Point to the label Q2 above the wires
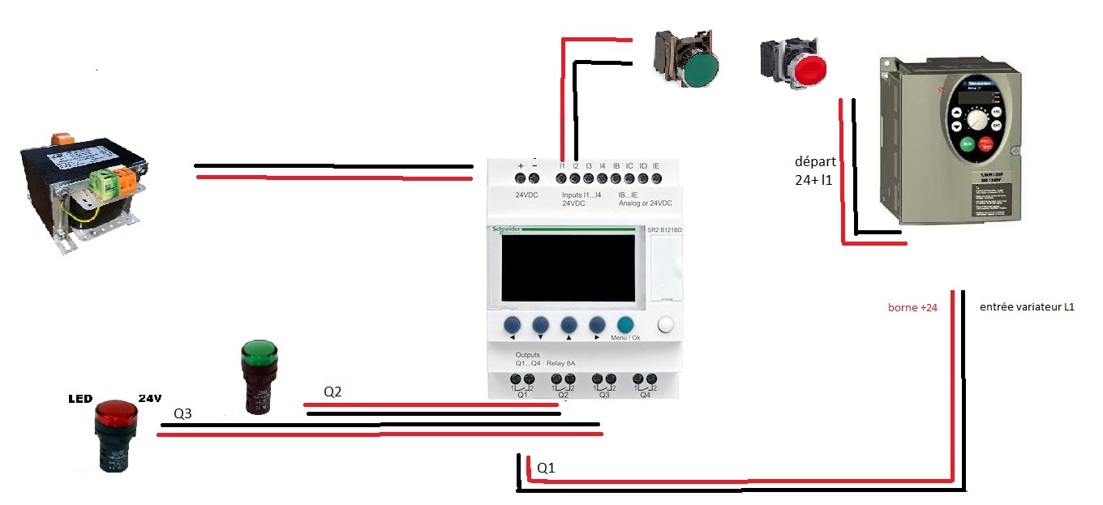click(x=333, y=392)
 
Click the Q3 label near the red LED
click(x=183, y=413)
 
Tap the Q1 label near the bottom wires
click(x=547, y=469)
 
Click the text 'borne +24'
click(x=913, y=307)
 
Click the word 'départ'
click(x=815, y=162)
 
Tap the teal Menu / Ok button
click(x=624, y=325)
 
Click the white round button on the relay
click(x=666, y=325)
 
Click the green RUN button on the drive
click(x=967, y=144)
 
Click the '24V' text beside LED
click(x=150, y=398)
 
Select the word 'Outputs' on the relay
click(x=527, y=355)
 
